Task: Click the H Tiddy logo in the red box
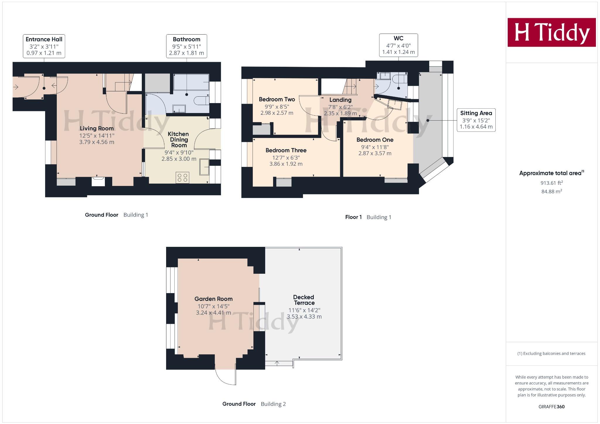coord(551,32)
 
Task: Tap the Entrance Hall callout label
coord(44,46)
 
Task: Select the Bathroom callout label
coord(187,46)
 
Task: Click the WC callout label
coord(398,45)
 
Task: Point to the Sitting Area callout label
coord(476,120)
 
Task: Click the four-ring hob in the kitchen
coord(183,178)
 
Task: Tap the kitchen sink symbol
coord(204,167)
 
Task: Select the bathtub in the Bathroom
coord(191,82)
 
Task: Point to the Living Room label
coord(97,128)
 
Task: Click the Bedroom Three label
coord(286,150)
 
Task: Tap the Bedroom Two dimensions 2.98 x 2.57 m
coord(277,113)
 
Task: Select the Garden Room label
coord(213,299)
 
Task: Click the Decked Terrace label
coord(304,300)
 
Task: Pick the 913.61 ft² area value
coord(551,183)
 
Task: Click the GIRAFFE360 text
coord(551,407)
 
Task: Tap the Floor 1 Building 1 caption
coord(368,217)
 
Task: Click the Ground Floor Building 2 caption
coord(254,404)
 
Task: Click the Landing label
coord(340,100)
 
